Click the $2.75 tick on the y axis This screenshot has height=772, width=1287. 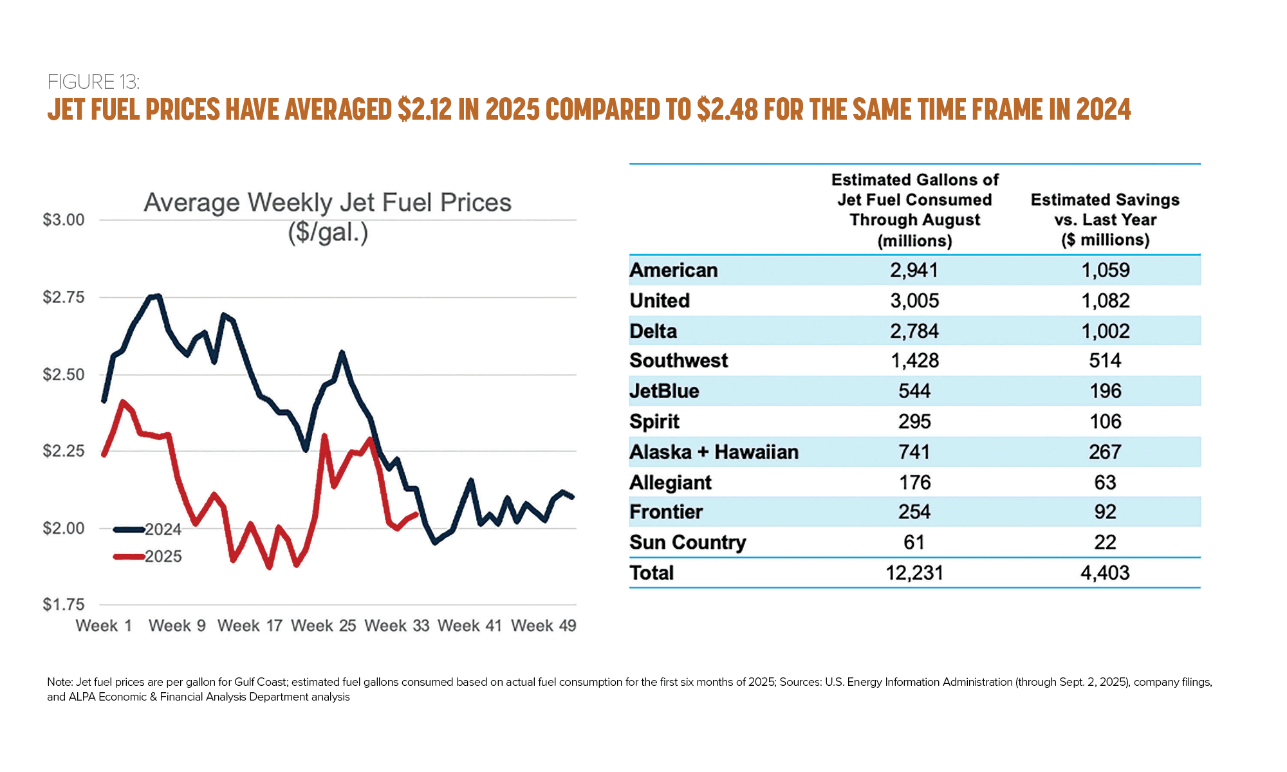[64, 297]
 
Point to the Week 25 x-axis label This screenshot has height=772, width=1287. [323, 625]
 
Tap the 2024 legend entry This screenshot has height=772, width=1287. [162, 529]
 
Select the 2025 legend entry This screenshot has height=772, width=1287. [162, 556]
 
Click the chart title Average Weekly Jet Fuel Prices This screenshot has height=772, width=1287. [328, 203]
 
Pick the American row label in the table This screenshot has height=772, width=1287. [673, 270]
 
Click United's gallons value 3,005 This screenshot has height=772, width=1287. [914, 300]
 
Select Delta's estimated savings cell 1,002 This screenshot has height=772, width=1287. [1105, 331]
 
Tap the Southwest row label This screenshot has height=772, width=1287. [678, 360]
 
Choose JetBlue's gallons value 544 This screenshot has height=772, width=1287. [914, 391]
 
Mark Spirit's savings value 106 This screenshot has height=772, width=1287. [1105, 421]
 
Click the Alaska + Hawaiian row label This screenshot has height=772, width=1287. [714, 452]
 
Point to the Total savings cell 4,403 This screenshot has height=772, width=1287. [1105, 573]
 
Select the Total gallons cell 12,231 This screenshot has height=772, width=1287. [914, 573]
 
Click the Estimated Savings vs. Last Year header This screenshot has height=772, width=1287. [1105, 220]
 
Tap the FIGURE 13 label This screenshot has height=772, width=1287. [93, 82]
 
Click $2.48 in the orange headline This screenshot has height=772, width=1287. [727, 109]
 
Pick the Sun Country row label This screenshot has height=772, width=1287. [687, 542]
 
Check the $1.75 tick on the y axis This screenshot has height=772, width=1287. [64, 605]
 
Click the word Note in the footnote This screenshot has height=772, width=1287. [59, 682]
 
